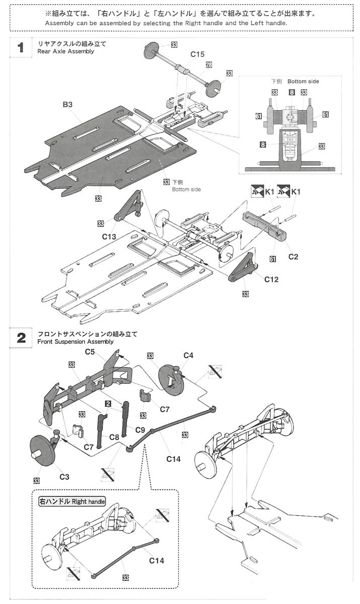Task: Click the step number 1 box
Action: coord(21,48)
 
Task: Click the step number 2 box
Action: coord(21,337)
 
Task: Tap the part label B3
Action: coord(68,105)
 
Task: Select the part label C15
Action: coord(197,54)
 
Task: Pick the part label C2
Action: coord(294,257)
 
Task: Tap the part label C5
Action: coord(90,352)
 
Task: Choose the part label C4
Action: coord(188,355)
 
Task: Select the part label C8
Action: coord(114,437)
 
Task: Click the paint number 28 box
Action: coord(208,64)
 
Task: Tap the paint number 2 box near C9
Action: coord(108,404)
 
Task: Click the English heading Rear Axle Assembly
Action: coord(65,51)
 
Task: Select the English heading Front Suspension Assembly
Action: coord(76,341)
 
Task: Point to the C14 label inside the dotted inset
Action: coord(157,560)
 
